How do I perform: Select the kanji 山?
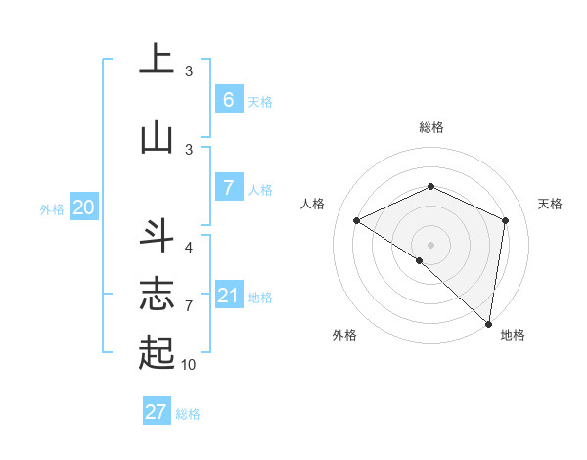[156, 136]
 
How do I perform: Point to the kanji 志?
[156, 295]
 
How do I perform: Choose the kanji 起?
[156, 350]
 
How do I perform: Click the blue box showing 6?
[228, 99]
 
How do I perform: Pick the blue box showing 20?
[84, 207]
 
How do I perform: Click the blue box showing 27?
[157, 411]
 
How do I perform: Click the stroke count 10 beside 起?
[189, 364]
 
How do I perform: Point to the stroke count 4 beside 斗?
[189, 247]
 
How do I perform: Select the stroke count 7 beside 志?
[189, 305]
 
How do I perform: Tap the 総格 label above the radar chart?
[430, 127]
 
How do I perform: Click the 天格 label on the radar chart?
[550, 204]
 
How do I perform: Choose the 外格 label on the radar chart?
[344, 335]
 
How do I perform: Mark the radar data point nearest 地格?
[488, 323]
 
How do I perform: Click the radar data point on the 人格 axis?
[357, 220]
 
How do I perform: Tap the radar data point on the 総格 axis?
[430, 186]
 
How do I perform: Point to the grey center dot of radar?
[430, 244]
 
